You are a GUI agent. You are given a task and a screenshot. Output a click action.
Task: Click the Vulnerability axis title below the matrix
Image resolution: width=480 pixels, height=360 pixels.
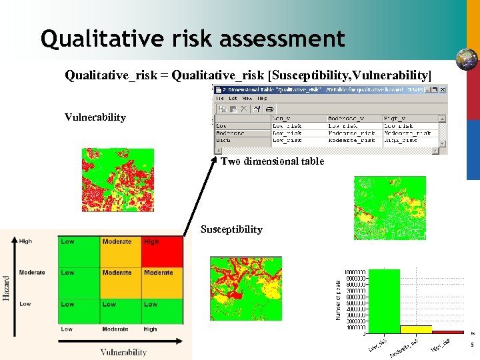click(123, 352)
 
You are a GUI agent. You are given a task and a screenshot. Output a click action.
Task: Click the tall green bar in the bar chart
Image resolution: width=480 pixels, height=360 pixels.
click(385, 301)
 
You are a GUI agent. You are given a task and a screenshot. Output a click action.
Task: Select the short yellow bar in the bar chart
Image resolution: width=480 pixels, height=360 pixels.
click(416, 329)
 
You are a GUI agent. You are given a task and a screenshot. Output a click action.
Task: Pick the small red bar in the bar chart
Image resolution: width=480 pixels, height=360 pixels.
click(447, 331)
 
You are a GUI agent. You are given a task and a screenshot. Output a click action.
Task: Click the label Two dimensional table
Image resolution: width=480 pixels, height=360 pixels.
click(272, 161)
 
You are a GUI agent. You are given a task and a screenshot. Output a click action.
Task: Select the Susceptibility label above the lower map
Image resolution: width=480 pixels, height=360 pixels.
click(231, 229)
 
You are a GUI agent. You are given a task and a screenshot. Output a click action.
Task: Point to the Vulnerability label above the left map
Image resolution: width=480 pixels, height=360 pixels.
click(95, 117)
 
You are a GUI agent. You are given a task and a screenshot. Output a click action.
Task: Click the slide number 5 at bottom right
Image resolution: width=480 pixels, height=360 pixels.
click(471, 345)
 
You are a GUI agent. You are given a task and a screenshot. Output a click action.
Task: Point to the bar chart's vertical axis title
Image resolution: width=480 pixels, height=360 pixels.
click(338, 297)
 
